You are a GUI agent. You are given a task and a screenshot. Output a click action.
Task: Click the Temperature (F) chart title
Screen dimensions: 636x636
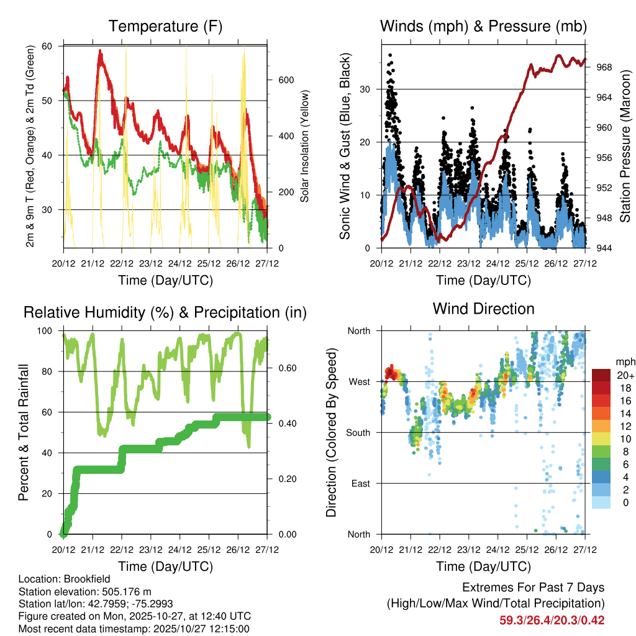pos(165,26)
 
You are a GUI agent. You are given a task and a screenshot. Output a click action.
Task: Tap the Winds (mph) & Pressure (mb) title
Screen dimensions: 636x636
pos(483,26)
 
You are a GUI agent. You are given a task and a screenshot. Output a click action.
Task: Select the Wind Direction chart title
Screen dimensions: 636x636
pos(483,309)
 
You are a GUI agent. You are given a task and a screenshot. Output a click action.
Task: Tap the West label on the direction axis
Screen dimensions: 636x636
pos(360,381)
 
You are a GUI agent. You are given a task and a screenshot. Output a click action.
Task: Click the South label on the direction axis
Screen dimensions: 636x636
pos(358,432)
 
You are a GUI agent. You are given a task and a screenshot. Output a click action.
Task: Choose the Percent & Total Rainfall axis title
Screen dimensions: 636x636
pos(23,432)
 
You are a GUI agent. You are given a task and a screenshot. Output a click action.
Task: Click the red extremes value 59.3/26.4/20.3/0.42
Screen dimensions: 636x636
pos(552,620)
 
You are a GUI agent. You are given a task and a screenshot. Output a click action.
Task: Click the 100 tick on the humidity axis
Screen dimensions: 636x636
pos(48,330)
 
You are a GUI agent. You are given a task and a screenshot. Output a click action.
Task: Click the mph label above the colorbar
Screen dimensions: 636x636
pos(625,361)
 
